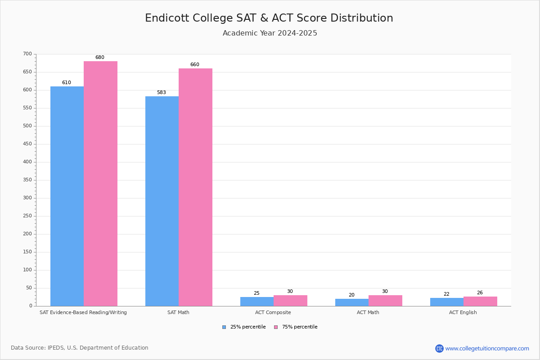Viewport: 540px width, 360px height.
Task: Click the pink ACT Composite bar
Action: [290, 301]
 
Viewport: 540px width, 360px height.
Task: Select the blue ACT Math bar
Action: [352, 302]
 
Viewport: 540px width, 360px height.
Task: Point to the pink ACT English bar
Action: [480, 301]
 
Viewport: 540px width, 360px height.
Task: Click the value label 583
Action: [161, 93]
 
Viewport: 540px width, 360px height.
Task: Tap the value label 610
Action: [67, 83]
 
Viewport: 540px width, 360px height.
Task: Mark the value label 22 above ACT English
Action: [446, 294]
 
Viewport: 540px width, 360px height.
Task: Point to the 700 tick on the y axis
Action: [27, 54]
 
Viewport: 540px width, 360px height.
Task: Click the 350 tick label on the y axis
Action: [27, 180]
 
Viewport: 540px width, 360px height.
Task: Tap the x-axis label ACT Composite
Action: [273, 312]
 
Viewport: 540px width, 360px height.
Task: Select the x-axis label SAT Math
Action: [178, 312]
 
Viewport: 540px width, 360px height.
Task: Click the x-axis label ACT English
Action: [463, 312]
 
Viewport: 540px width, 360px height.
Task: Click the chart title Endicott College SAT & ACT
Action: [269, 18]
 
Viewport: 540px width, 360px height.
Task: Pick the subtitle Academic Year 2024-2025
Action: [270, 33]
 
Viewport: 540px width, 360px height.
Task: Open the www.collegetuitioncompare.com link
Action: [487, 348]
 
